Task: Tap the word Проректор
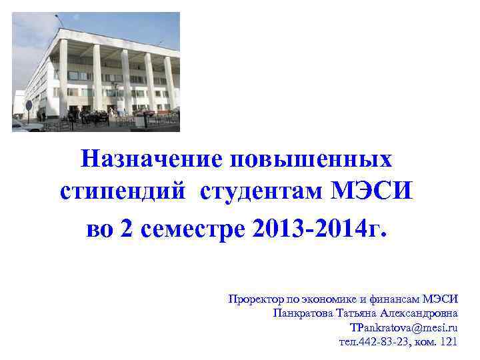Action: click(x=253, y=299)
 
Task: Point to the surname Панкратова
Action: click(x=300, y=313)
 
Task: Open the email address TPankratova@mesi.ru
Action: click(x=404, y=328)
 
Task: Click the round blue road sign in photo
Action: click(x=29, y=105)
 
